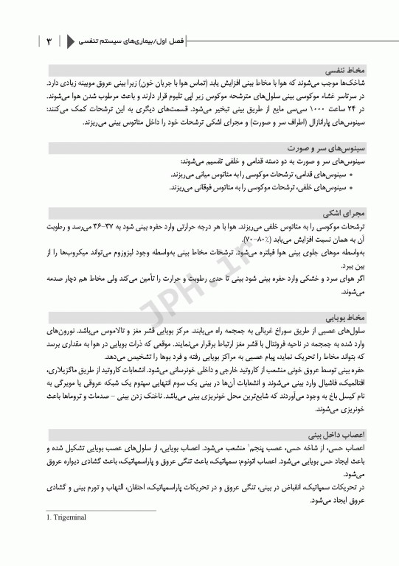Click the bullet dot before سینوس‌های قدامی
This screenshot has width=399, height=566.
click(351, 176)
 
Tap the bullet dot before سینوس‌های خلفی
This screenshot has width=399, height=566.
click(351, 188)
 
